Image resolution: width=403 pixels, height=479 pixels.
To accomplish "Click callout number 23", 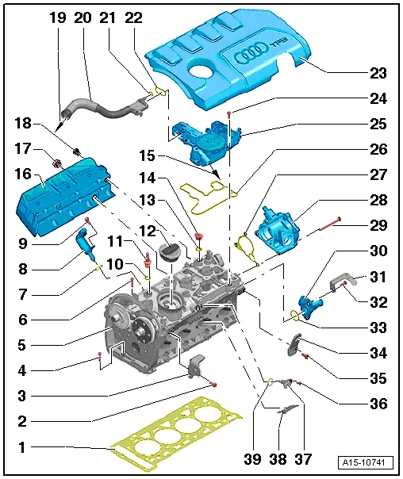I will click(378, 74).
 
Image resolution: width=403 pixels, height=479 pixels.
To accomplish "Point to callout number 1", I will click(22, 446).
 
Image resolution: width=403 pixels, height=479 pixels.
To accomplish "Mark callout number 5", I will click(22, 345).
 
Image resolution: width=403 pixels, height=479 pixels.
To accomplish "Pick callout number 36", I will click(378, 404).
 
